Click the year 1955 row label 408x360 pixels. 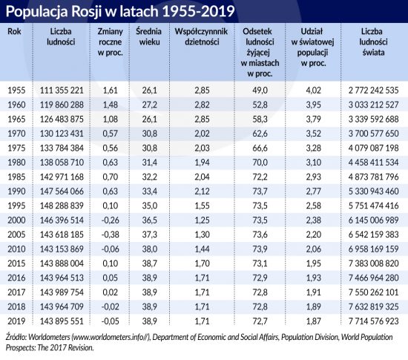tap(16, 91)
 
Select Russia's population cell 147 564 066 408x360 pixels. tap(62, 192)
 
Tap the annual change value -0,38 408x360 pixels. tap(110, 235)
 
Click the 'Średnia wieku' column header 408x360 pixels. tap(149, 36)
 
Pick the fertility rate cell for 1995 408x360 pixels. tap(202, 206)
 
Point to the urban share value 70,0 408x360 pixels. tap(260, 163)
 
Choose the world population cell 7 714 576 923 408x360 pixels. tap(373, 321)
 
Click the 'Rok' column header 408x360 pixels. tap(14, 31)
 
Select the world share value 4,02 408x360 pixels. tap(313, 91)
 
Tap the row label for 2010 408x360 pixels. tap(16, 249)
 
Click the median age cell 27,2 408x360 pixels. tap(149, 105)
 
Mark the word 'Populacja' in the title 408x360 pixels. tap(36, 12)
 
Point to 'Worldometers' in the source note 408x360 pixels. tap(49, 337)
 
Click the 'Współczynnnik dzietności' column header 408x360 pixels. tap(201, 36)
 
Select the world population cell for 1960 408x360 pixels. tap(373, 105)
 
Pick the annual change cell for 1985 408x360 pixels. tap(110, 177)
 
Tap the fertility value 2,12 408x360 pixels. tap(202, 192)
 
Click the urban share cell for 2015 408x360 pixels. tap(260, 264)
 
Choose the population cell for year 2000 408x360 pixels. tap(62, 220)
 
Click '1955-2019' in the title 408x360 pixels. tap(198, 11)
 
